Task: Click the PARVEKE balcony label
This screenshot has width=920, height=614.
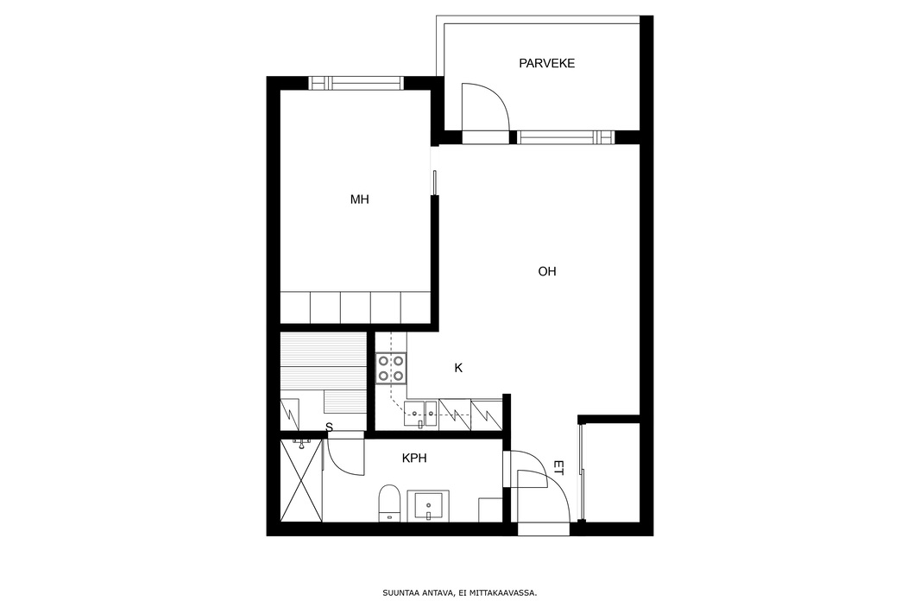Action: point(546,63)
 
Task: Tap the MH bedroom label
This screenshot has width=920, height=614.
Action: point(360,199)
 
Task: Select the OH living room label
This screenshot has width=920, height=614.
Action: point(547,271)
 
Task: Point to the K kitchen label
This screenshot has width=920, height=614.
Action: point(459,368)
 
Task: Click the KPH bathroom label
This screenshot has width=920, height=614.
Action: point(414,458)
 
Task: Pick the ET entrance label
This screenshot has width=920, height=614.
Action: point(558,468)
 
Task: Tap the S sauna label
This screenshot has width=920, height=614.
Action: point(329,428)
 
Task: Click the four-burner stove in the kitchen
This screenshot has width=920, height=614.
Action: point(391,368)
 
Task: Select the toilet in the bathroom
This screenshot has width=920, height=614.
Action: point(389,503)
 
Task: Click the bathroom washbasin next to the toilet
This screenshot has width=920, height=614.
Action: point(428,505)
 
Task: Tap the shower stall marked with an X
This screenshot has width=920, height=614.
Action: point(301,480)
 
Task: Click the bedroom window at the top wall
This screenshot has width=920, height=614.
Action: point(356,84)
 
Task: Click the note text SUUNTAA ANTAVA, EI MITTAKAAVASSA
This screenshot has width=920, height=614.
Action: point(459,593)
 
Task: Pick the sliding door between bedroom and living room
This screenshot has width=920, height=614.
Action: point(434,182)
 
